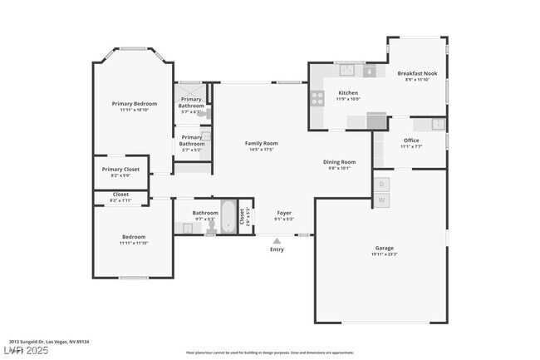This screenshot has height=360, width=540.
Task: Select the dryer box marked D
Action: [x=381, y=184]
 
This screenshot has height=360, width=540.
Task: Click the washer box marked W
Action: [x=381, y=200]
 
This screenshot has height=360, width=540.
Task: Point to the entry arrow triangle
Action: [x=277, y=241]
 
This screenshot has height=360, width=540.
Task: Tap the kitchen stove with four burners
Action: [x=317, y=98]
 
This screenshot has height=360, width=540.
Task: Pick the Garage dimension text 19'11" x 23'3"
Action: [x=384, y=254]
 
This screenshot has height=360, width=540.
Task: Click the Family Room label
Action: [x=261, y=143]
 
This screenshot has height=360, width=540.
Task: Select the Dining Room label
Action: [x=339, y=161]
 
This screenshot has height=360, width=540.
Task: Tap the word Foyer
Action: [x=283, y=213]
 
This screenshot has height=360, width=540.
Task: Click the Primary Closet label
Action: [x=120, y=170]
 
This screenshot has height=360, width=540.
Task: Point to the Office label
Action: [x=411, y=141]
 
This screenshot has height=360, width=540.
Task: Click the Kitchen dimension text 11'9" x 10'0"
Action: [x=347, y=99]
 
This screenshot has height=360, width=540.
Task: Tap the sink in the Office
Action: [x=436, y=125]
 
